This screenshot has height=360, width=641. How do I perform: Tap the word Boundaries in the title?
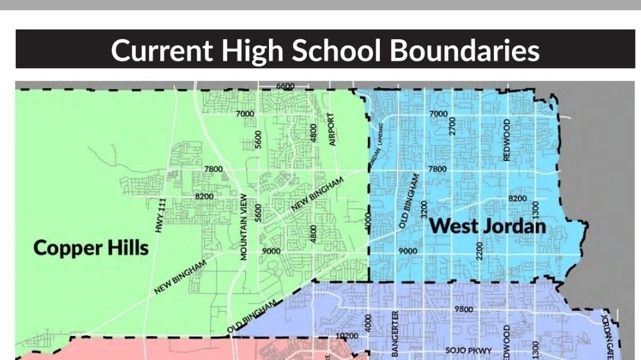[465, 50]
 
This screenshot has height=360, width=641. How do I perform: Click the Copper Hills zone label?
[91, 247]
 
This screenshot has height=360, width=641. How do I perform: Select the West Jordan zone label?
[489, 226]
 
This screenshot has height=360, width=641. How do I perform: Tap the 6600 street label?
[285, 86]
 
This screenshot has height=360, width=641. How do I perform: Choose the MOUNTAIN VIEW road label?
[244, 227]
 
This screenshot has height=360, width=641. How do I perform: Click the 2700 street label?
[453, 126]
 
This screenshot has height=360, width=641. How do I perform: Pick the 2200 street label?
[480, 250]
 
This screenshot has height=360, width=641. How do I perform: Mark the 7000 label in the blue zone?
[438, 114]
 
